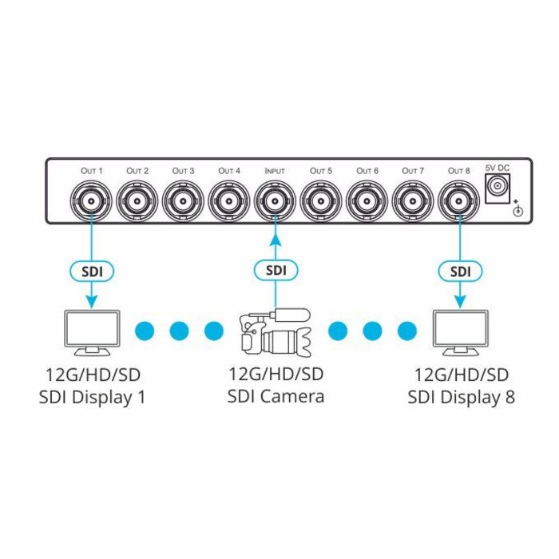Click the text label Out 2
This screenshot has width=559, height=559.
(x=138, y=171)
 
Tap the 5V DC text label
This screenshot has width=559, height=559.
(x=498, y=168)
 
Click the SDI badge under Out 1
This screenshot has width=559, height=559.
(x=92, y=271)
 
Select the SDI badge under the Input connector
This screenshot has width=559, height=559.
(x=276, y=271)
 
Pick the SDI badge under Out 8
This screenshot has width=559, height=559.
(x=459, y=271)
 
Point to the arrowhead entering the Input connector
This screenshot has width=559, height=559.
(x=276, y=232)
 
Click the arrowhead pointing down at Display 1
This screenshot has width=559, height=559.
(x=92, y=302)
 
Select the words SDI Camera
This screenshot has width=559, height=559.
(x=276, y=396)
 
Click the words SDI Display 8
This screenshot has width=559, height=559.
(x=461, y=396)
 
